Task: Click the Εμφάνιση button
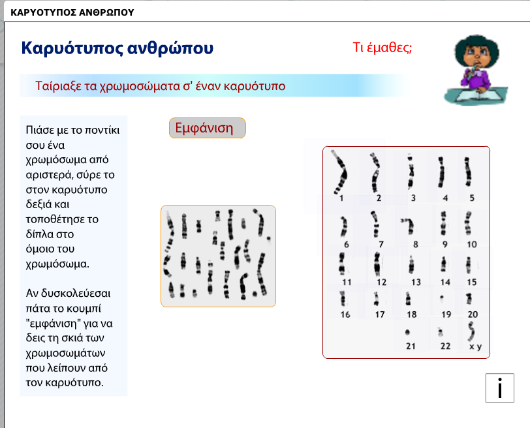207,128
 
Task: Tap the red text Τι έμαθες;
382,47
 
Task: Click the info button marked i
499,388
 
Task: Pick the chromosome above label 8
409,226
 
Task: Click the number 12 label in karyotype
382,282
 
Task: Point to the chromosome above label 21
408,332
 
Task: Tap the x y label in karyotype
476,346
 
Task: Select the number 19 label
446,314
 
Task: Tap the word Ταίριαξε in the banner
58,86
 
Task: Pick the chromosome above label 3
411,172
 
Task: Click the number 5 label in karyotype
472,198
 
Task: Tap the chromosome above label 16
343,298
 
